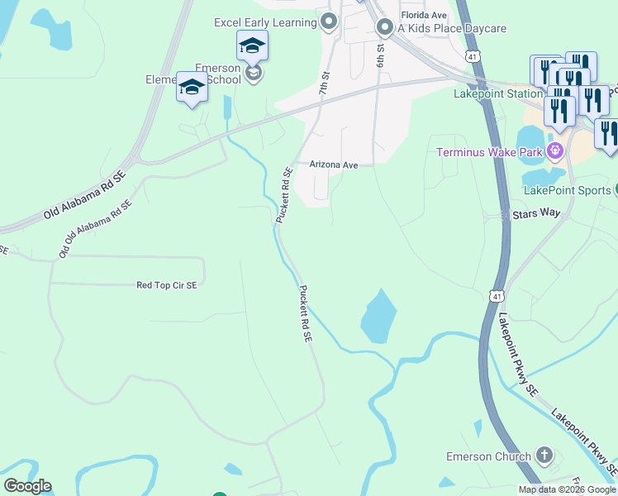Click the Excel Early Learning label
[264, 22]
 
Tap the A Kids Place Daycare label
[451, 28]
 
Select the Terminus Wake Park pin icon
[554, 151]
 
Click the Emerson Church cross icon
[544, 455]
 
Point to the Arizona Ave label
[334, 165]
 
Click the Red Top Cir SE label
[167, 285]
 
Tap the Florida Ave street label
[424, 15]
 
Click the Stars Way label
[536, 213]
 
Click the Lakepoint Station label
[498, 94]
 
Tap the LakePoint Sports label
[567, 190]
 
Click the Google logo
[27, 486]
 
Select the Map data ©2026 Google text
[567, 489]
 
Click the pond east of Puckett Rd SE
[378, 317]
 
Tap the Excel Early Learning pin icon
[330, 22]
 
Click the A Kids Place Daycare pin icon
[384, 28]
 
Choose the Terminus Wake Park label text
[490, 152]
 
